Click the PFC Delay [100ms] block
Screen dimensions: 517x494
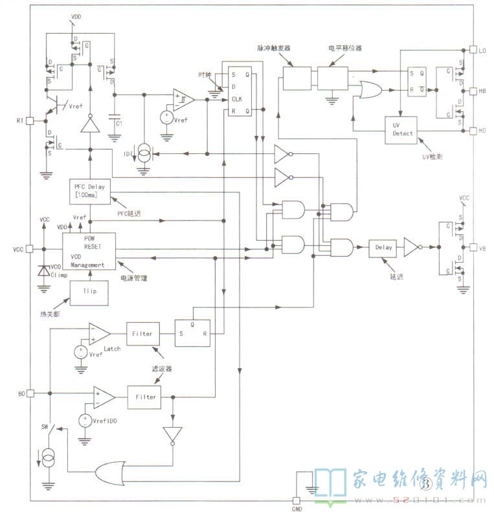click(x=90, y=191)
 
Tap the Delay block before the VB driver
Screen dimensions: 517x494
click(x=383, y=247)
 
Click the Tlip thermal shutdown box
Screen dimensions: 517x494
click(x=89, y=292)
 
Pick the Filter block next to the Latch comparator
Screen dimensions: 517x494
click(x=142, y=334)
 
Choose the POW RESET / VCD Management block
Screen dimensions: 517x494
click(x=89, y=251)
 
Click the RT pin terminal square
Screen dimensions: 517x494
click(x=30, y=121)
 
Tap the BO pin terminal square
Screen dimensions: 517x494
click(x=30, y=393)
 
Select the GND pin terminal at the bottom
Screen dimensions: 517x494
click(x=297, y=500)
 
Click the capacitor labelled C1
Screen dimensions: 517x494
click(x=115, y=121)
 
